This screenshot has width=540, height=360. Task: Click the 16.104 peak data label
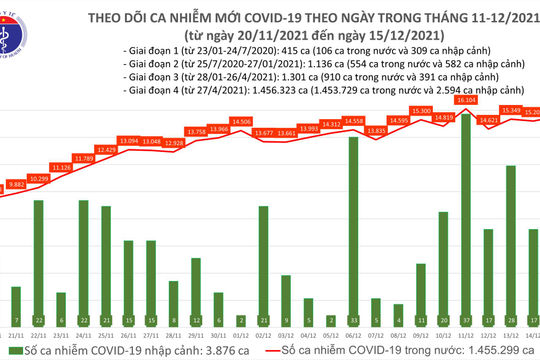(x=466, y=100)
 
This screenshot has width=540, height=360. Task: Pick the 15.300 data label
(x=420, y=111)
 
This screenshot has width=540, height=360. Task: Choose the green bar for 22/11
(x=38, y=256)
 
